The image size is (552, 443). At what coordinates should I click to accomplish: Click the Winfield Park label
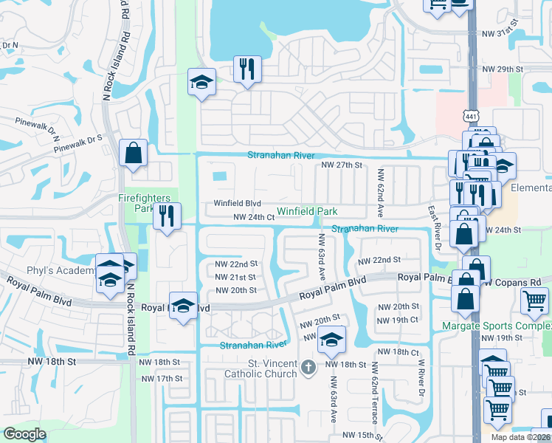coord(307,212)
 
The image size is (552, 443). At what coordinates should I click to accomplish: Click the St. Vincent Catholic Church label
coord(262,368)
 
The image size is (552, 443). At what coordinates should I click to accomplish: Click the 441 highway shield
coord(472,116)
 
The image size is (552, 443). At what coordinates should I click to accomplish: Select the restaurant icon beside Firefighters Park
coord(166,216)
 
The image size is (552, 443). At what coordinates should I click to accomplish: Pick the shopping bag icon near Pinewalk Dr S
coord(134,153)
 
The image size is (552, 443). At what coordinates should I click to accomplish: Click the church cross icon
coord(308,366)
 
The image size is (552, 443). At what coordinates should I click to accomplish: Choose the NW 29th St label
coord(502,69)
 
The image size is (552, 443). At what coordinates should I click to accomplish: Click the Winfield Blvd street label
coord(238,203)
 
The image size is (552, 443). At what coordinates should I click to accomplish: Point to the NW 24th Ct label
coord(254,218)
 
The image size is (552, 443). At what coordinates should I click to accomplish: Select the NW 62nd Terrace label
coord(375,392)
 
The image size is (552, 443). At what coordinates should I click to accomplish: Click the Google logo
coord(24,434)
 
